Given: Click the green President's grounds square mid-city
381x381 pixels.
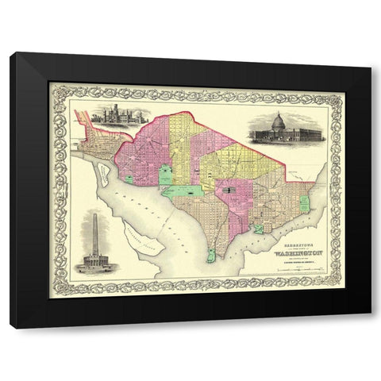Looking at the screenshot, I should pyautogui.click(x=166, y=175).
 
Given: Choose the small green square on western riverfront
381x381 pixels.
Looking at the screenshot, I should pyautogui.click(x=129, y=157).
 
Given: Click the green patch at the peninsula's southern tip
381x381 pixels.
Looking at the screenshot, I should pyautogui.click(x=210, y=256).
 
